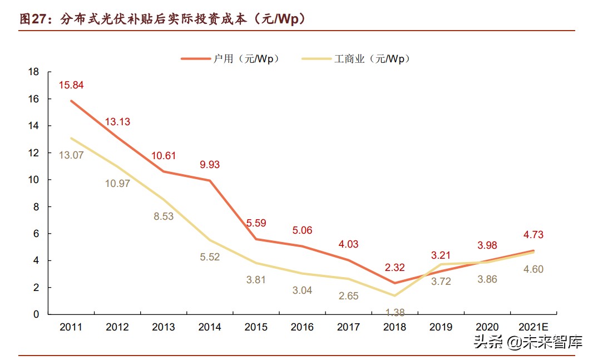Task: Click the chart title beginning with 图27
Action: click(x=164, y=18)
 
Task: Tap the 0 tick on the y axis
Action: click(x=36, y=314)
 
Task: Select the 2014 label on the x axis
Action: click(x=210, y=328)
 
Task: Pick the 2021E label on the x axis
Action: click(x=533, y=328)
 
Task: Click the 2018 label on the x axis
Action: click(x=394, y=328)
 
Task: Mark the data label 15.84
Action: click(x=71, y=85)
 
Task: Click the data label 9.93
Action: click(x=210, y=165)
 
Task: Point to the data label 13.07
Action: click(x=71, y=155)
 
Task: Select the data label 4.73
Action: click(x=533, y=235)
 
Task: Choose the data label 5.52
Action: click(x=210, y=257)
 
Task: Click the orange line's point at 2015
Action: click(x=256, y=239)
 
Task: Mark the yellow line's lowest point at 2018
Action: click(x=394, y=295)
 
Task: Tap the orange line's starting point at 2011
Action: click(x=71, y=101)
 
